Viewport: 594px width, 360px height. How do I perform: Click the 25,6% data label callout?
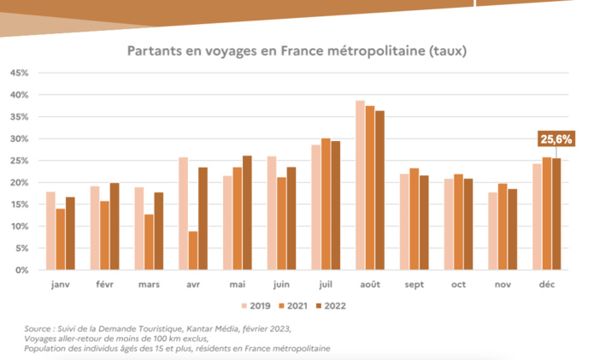click(x=556, y=138)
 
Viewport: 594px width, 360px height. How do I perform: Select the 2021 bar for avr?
click(x=194, y=251)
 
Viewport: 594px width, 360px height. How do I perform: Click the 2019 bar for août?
click(x=360, y=186)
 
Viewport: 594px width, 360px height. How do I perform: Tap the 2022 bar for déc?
click(x=556, y=214)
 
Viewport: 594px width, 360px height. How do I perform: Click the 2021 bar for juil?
click(x=326, y=204)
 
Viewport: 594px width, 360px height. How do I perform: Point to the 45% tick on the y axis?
click(x=20, y=73)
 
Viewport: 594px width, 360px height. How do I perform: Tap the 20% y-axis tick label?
click(x=20, y=182)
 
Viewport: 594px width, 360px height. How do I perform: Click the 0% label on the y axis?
click(x=23, y=270)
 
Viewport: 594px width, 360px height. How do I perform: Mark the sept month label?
click(x=415, y=284)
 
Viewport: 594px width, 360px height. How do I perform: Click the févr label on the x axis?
click(x=105, y=284)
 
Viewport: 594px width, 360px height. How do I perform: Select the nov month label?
click(x=503, y=284)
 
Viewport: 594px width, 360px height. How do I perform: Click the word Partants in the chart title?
click(x=154, y=50)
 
